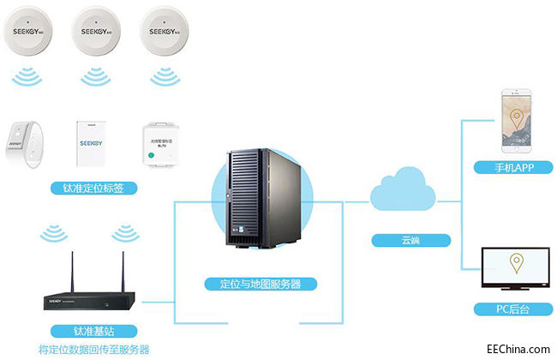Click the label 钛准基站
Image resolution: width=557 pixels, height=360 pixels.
click(x=93, y=330)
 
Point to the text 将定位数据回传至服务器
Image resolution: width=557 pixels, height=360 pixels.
click(x=93, y=350)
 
